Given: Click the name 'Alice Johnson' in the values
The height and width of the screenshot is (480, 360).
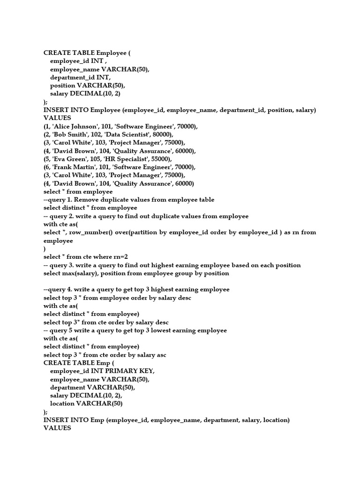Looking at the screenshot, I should (x=75, y=127).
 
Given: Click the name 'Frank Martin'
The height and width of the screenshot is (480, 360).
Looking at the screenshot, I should (x=75, y=167).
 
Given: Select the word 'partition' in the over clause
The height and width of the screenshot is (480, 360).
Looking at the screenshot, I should (x=140, y=232).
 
